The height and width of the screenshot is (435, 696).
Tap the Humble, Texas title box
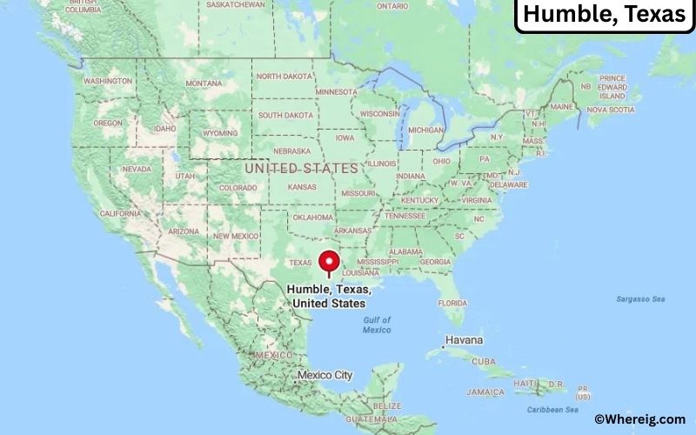coord(605,16)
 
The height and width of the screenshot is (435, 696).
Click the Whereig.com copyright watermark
coord(639,419)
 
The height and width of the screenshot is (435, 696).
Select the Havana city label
coord(465,339)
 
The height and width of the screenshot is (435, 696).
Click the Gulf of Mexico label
coord(377,325)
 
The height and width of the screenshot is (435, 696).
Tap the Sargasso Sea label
coord(640,299)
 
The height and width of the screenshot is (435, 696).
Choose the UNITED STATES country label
coord(301,168)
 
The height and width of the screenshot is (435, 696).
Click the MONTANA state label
coord(204,84)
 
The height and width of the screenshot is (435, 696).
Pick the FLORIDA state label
coord(452,303)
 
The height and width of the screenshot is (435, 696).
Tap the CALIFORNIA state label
coord(120,213)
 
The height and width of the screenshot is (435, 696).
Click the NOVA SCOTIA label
coord(611,110)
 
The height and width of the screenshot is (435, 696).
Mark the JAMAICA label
coord(485,391)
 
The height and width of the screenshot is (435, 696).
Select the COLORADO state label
coord(238,187)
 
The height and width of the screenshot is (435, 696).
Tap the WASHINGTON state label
coord(108,81)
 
